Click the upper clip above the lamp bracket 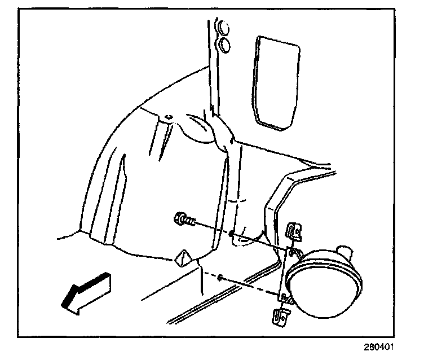[294, 231]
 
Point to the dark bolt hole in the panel [232, 233]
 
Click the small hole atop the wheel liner [167, 117]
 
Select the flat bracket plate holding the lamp [287, 276]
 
